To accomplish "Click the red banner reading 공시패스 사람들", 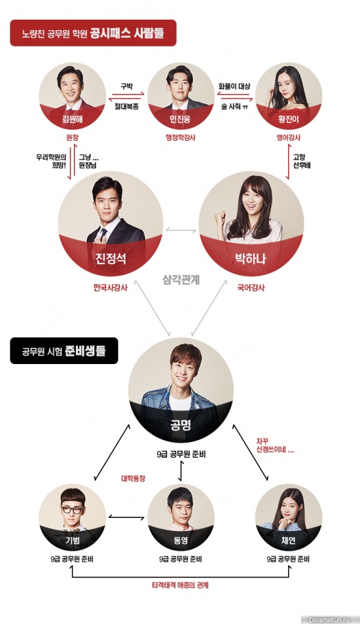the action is tap(93, 33).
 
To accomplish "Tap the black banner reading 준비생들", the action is tap(64, 351).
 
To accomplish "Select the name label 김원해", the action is tap(72, 120).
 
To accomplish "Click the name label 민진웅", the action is tap(180, 120).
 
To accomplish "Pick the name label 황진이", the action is tap(289, 120).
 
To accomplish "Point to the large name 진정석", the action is tap(111, 259).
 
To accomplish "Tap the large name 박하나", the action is tap(251, 259).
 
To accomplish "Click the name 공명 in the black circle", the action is tap(181, 425).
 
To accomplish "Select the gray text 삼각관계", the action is tap(181, 280).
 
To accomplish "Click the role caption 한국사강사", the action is tap(111, 287).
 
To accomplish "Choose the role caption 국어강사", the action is tap(251, 287).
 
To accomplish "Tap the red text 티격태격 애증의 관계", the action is tap(181, 585).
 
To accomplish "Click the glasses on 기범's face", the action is tap(72, 510).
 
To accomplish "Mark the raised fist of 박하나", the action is tap(219, 218).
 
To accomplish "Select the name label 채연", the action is tap(289, 541).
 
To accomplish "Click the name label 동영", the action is tap(180, 541).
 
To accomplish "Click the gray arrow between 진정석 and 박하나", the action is tap(181, 230).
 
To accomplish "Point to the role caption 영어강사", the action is tap(289, 138).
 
